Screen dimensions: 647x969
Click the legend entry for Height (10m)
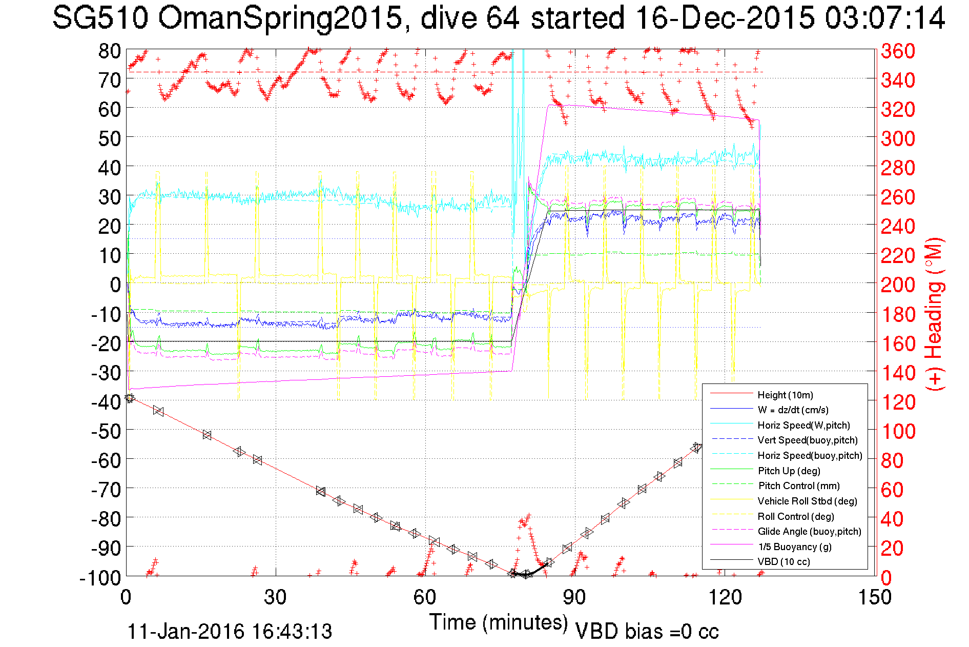coord(785,395)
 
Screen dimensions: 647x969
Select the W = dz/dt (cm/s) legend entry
coord(793,410)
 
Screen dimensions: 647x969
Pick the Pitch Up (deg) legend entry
coord(789,471)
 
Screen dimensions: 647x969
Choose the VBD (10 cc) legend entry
coord(784,561)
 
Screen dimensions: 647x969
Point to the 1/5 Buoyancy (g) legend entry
coord(795,547)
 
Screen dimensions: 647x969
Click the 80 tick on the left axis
coord(109,51)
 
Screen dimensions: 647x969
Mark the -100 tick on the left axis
coord(100,578)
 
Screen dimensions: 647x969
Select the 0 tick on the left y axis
coord(115,285)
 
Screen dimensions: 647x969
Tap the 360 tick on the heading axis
coord(898,51)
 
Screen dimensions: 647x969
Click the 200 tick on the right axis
coord(898,285)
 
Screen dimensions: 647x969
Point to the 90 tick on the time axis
coord(575,597)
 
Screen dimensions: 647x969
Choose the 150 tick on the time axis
coord(874,597)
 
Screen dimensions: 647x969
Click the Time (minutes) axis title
coord(498,622)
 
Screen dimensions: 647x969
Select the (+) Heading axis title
coord(935,314)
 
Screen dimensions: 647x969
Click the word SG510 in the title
coord(100,18)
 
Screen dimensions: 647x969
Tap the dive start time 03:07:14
coord(884,18)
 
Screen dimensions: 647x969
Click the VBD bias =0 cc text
coord(647,632)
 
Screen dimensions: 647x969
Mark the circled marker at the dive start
coord(129,398)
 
